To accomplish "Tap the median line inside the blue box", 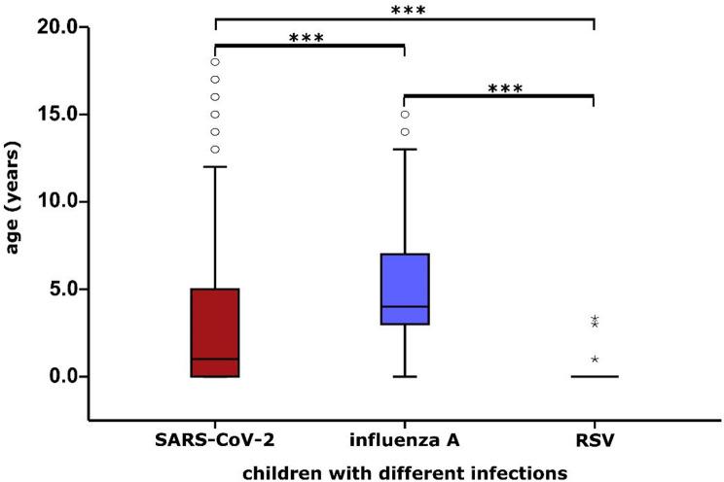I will tap(404, 306).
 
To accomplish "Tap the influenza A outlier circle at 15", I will tap(405, 115).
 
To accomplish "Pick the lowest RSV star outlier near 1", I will tap(595, 360).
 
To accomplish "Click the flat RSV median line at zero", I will tap(594, 376).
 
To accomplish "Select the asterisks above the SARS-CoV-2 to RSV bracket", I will tap(404, 11).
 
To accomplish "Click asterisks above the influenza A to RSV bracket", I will tap(505, 88).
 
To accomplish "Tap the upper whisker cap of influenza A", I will tap(404, 150).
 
